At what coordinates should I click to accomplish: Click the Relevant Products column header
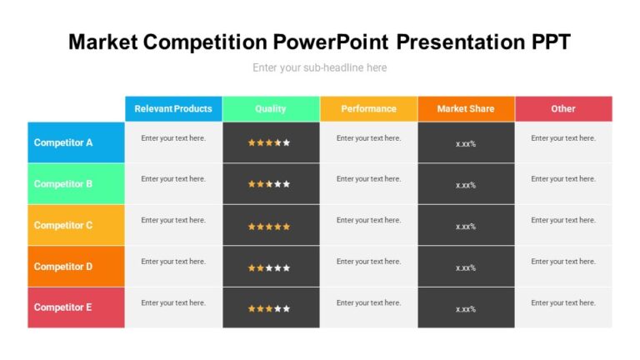pos(173,108)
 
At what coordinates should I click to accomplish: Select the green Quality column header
pos(271,108)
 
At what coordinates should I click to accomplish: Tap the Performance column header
pos(368,108)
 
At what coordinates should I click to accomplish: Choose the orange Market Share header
pos(466,108)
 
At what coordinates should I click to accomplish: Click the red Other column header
pos(563,108)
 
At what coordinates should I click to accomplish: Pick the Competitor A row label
pos(63,142)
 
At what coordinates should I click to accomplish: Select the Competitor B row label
pos(63,184)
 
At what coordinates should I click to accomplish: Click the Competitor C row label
pos(63,225)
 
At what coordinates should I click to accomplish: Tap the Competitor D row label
pos(63,267)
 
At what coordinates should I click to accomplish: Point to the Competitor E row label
pos(63,307)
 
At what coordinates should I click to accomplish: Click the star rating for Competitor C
pos(269,226)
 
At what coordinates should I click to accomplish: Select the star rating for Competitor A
pos(269,142)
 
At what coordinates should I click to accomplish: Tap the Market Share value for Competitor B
pos(466,185)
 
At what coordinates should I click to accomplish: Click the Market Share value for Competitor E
pos(466,309)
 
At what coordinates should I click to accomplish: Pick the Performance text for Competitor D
pos(368,262)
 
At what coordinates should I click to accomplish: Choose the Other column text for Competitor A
pos(563,138)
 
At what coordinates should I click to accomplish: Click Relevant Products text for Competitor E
pos(173,302)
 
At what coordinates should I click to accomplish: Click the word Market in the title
pos(102,42)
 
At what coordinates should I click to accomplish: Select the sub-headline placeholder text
pos(320,67)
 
